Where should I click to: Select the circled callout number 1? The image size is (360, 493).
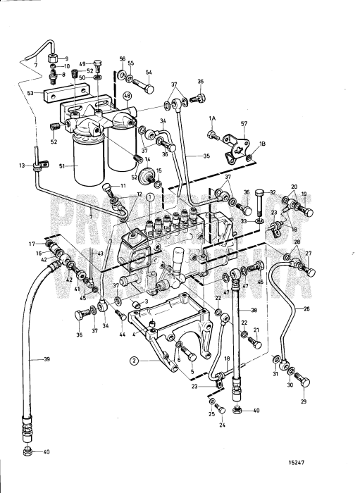[x=149, y=198]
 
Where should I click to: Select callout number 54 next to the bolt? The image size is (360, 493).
[x=149, y=71]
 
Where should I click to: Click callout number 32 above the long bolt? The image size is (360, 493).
[x=272, y=192]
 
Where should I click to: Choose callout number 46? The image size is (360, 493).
[x=260, y=282]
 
